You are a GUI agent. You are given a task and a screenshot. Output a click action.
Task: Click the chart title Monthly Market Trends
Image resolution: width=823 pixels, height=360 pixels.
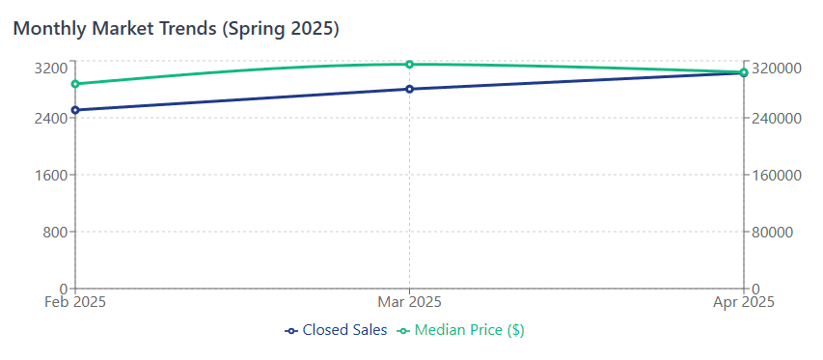(176, 29)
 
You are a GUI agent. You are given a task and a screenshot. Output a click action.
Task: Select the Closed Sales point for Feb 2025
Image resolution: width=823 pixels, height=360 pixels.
(75, 110)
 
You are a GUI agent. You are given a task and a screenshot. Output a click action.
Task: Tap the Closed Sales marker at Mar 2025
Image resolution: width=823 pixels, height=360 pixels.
(409, 89)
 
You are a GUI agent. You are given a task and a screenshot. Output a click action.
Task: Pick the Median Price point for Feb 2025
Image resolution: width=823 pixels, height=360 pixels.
(75, 84)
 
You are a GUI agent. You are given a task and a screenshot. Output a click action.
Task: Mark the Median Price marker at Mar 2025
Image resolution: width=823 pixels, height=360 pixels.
(409, 64)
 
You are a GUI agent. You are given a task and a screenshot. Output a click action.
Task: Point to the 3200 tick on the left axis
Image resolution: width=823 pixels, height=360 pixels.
(48, 68)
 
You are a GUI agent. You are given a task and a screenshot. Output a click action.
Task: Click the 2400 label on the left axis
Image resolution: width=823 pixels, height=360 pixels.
(48, 118)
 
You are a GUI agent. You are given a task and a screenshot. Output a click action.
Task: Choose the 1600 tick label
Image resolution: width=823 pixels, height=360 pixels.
(48, 175)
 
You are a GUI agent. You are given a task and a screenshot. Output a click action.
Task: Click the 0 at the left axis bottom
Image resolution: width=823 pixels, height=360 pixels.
(63, 289)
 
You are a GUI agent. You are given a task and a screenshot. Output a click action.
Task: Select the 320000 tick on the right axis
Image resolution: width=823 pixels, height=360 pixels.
(778, 68)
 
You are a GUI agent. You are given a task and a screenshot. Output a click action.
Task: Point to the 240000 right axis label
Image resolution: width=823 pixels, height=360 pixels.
(778, 118)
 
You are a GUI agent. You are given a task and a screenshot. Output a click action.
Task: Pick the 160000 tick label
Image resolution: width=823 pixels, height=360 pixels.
(778, 175)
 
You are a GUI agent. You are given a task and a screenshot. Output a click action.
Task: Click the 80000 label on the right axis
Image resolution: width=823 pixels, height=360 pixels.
(774, 232)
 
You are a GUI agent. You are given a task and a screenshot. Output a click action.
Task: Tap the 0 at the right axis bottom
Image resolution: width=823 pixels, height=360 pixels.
(756, 289)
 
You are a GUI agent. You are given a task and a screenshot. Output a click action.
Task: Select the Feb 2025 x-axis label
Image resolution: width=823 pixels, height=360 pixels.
(75, 302)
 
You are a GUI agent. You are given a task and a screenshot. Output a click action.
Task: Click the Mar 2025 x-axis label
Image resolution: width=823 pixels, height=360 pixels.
(409, 302)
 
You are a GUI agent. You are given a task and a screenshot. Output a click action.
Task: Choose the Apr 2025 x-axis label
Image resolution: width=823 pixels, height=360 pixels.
(743, 302)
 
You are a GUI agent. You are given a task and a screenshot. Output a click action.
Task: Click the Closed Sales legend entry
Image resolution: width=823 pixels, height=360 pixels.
(337, 330)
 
